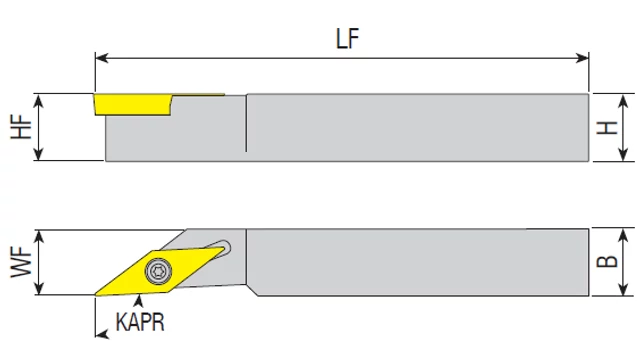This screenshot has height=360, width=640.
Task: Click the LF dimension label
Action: pos(347,39)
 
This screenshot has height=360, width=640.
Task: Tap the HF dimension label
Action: pos(21,127)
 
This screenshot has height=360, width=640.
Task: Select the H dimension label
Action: pos(607,128)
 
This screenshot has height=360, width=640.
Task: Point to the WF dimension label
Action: pos(21,263)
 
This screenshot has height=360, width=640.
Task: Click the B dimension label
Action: pos(607,261)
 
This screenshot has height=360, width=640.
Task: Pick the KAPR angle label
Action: pos(140,322)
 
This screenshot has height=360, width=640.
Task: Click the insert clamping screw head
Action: pos(158,271)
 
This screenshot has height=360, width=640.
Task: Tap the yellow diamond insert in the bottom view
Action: pos(160,271)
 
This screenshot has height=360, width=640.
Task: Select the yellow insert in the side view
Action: pos(133,104)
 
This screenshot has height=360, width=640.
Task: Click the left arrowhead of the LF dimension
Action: pos(101,58)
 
